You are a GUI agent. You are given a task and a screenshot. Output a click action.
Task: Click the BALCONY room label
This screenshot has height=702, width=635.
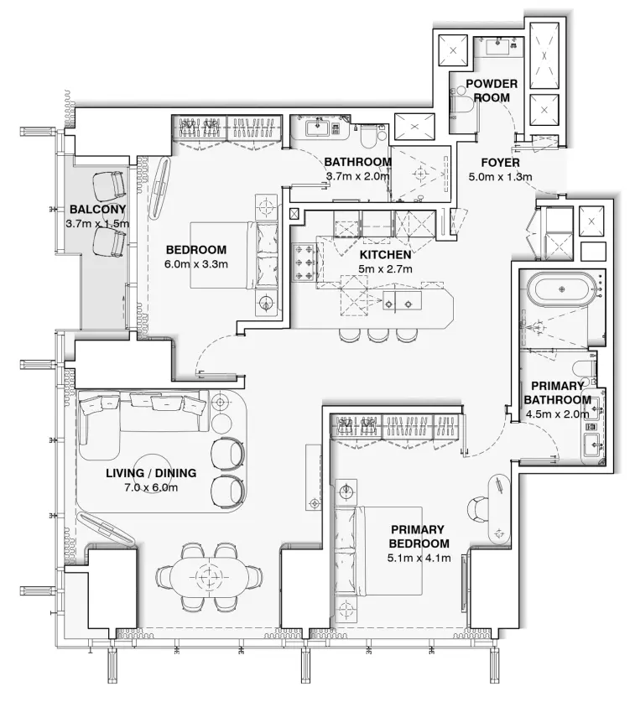(x=97, y=209)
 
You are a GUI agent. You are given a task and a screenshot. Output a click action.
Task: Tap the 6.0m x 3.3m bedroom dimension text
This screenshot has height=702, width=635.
(x=197, y=264)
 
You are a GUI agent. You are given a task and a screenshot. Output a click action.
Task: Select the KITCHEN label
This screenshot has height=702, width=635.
(x=385, y=254)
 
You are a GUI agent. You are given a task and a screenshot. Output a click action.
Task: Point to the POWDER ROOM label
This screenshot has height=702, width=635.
(x=492, y=91)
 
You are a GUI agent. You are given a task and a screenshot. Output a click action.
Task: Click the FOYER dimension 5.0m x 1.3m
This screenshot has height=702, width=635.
(x=500, y=177)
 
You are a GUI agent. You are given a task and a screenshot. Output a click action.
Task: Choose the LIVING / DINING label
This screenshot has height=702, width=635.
(x=151, y=473)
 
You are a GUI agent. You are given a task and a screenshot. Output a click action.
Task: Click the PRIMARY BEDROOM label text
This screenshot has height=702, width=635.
(x=419, y=537)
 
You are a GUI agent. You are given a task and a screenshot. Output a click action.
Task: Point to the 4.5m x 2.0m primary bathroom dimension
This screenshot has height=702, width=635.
(x=558, y=413)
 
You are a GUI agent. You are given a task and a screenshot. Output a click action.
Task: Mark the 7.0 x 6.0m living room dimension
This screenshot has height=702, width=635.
(x=151, y=487)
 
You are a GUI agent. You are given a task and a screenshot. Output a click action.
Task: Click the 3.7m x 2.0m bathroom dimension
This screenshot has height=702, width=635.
(x=357, y=176)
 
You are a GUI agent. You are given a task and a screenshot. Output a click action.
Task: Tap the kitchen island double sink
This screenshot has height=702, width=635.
(x=399, y=303)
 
